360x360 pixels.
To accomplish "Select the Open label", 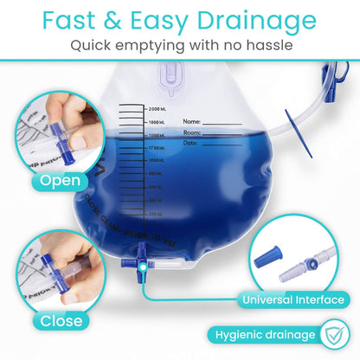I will click(59, 181).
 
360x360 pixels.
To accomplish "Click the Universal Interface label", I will click(292, 300).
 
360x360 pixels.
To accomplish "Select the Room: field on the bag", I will click(193, 133).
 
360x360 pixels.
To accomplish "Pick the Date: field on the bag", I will click(191, 144).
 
